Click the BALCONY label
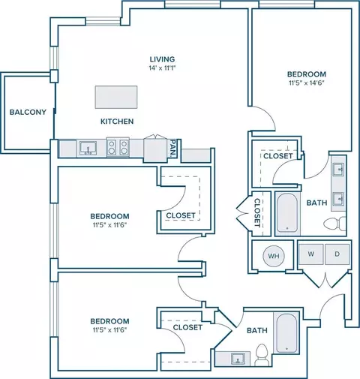[x=28, y=112]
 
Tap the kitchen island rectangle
[x=116, y=97]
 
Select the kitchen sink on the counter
[x=88, y=148]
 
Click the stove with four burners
[x=118, y=147]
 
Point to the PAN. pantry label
[x=173, y=148]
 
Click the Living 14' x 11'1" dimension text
[x=163, y=68]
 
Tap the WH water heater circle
[x=274, y=256]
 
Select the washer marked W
[x=310, y=254]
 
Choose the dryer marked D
[x=337, y=254]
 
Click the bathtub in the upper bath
[x=287, y=213]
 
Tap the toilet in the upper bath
[x=335, y=223]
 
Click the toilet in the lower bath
[x=262, y=354]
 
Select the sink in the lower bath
[x=238, y=359]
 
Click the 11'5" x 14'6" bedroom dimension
[x=307, y=83]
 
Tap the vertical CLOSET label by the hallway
[x=257, y=212]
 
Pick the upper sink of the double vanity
[x=338, y=170]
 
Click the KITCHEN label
[x=117, y=122]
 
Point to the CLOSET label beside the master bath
[x=278, y=156]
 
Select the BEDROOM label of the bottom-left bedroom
[x=109, y=321]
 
